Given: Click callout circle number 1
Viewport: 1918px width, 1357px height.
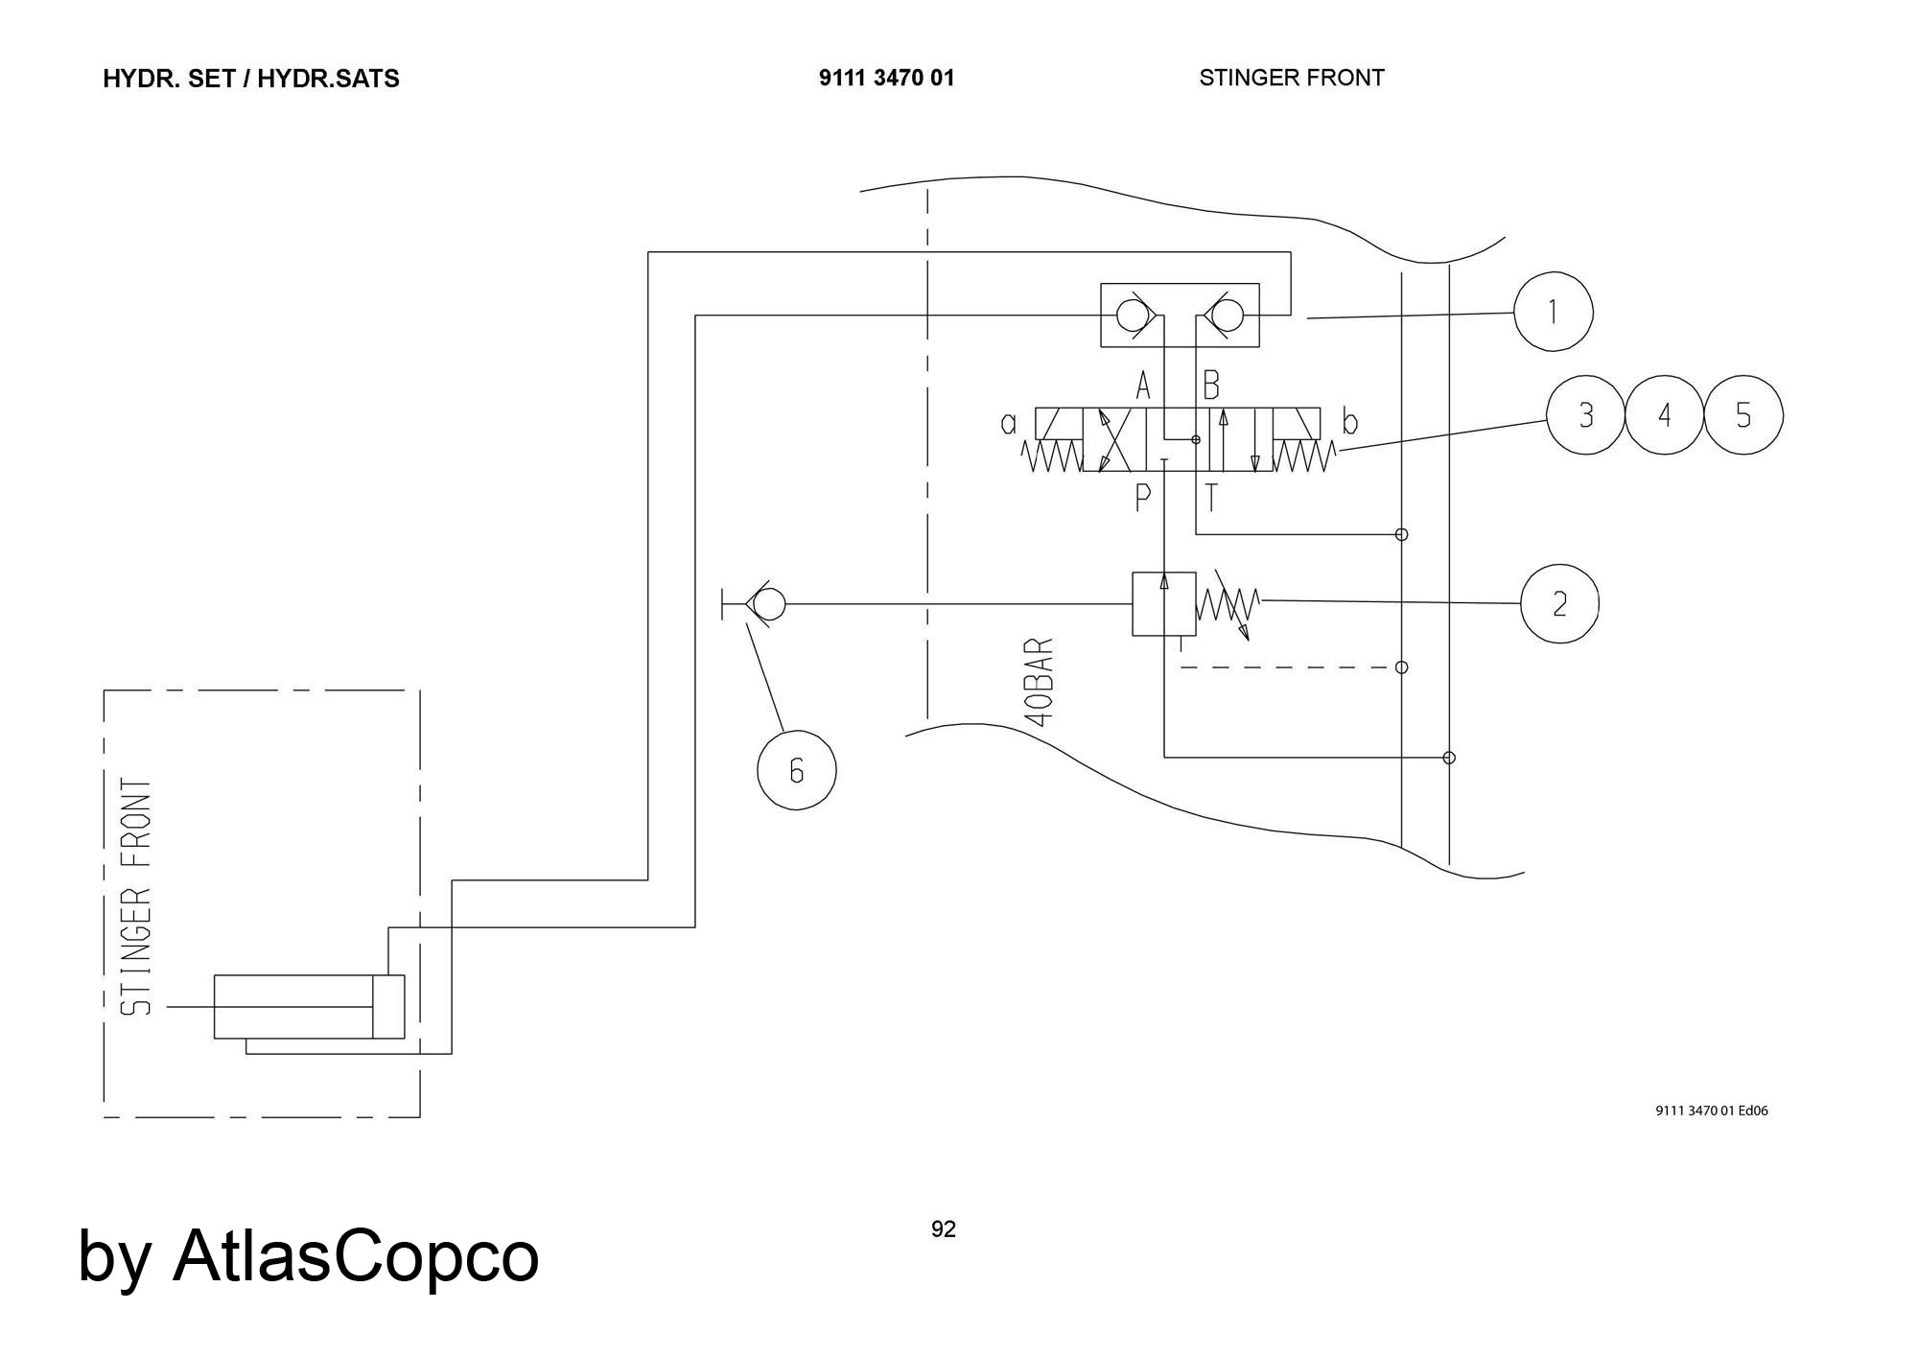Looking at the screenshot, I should (1553, 312).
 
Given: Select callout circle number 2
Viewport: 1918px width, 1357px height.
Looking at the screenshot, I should (1559, 603).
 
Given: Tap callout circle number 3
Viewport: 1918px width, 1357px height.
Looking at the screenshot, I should (1586, 415).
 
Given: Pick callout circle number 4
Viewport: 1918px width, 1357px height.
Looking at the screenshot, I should (1665, 415).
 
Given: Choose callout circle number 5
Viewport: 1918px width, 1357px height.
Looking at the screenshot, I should (1743, 415).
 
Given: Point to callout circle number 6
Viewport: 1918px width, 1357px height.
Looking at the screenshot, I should (796, 770).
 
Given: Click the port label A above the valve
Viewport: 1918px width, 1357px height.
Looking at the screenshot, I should (1142, 386).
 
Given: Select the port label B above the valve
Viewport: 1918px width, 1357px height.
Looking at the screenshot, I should (1211, 386).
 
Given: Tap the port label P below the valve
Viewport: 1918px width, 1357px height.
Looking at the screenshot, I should (1142, 498).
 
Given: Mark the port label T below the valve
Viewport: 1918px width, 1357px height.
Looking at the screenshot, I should (1212, 498).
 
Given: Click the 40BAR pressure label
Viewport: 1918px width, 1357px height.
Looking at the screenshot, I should (1040, 682).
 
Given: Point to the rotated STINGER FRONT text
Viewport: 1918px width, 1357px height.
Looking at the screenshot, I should (136, 897).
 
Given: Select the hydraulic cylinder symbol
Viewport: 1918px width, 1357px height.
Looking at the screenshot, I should (309, 1006).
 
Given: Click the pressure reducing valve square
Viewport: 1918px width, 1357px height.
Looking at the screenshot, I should (1163, 603).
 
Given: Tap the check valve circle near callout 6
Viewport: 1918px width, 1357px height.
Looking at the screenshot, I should (769, 604).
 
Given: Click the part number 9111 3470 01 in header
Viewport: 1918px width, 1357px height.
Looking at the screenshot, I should (886, 78).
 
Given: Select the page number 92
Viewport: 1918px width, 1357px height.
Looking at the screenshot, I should (943, 1228).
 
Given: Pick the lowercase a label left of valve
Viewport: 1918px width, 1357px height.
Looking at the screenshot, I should (1009, 423).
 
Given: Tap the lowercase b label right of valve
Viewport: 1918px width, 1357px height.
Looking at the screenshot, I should (1350, 422).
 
